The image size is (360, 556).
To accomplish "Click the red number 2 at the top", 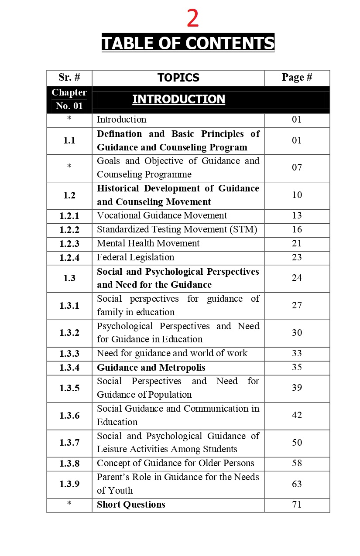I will click(x=192, y=19).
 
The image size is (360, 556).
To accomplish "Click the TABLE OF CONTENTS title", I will click(x=188, y=44).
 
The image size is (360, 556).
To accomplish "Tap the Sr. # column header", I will click(x=69, y=78).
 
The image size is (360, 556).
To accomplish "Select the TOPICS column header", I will click(x=178, y=78).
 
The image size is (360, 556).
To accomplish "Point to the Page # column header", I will click(x=297, y=78).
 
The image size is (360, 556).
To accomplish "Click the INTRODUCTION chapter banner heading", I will click(x=178, y=99).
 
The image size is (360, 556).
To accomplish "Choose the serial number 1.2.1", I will click(x=69, y=216).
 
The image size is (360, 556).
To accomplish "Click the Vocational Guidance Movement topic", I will click(x=162, y=215).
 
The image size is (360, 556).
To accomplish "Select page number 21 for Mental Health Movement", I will click(x=297, y=243).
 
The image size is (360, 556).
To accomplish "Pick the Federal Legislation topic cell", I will click(x=135, y=257).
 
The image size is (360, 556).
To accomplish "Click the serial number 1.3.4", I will click(x=69, y=368).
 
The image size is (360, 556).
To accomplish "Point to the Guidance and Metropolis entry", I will click(x=151, y=368).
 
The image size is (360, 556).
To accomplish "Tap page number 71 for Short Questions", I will click(x=297, y=505).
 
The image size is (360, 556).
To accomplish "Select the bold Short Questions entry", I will click(x=131, y=505).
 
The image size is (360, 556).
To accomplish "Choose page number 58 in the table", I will click(x=297, y=463).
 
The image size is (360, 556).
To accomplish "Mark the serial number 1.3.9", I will click(x=69, y=484).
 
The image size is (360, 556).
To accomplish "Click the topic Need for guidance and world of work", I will click(x=172, y=353).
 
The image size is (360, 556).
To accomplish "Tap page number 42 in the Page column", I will click(x=297, y=415).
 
